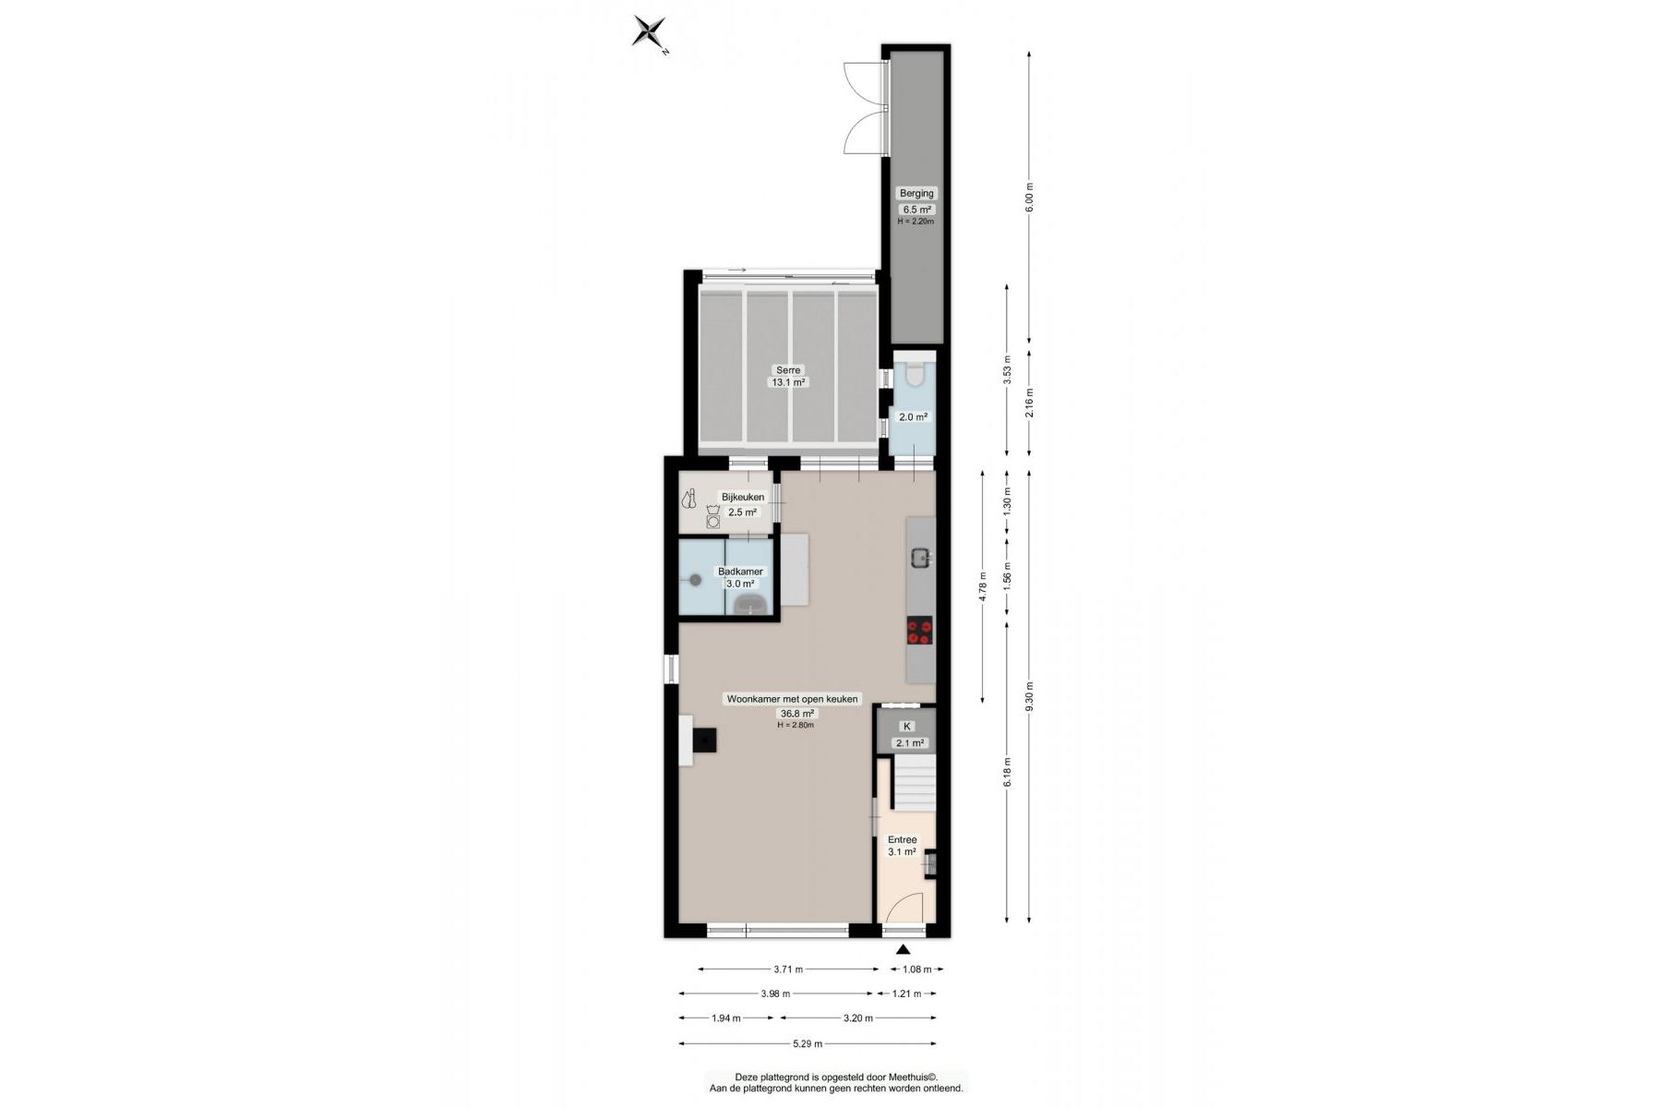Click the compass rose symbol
(650, 31)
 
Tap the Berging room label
(916, 193)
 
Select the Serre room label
(788, 370)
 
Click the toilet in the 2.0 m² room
(915, 374)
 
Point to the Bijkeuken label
(742, 498)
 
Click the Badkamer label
(740, 572)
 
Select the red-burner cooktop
(919, 631)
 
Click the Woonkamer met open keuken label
(792, 699)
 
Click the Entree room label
(902, 839)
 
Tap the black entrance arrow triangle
(903, 949)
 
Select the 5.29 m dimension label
(808, 1044)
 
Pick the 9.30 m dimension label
(1030, 695)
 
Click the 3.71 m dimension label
(788, 969)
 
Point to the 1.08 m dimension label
(916, 969)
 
